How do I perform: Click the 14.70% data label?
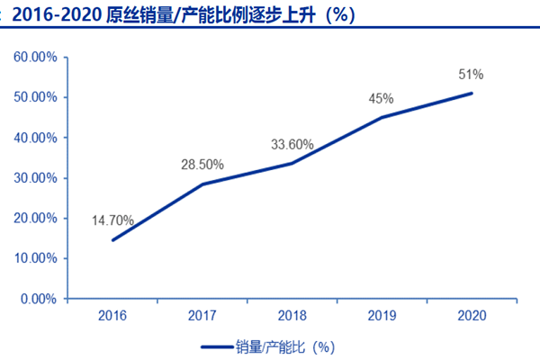[x=112, y=219]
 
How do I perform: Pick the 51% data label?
[x=471, y=74]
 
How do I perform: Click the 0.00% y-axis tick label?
[x=39, y=299]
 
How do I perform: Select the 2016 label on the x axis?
[x=112, y=315]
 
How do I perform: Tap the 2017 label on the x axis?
[x=202, y=315]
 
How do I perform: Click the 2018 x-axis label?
[x=292, y=315]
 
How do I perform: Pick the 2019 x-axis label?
[x=382, y=315]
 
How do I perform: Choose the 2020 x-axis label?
[x=472, y=315]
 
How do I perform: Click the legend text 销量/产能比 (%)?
[x=284, y=346]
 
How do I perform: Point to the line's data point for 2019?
[x=382, y=117]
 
